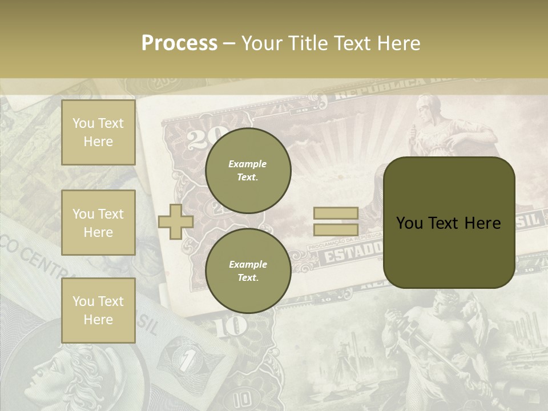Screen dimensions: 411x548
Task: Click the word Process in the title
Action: click(x=179, y=43)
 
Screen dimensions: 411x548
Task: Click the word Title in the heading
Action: click(x=307, y=43)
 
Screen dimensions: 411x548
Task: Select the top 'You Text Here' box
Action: click(x=98, y=132)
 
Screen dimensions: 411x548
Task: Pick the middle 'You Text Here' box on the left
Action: click(x=98, y=223)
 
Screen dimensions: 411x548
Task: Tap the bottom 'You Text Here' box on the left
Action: click(x=98, y=311)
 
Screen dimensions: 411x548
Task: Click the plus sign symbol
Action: click(x=175, y=221)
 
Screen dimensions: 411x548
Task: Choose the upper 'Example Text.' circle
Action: click(x=248, y=171)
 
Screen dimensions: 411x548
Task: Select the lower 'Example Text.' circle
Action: click(x=248, y=271)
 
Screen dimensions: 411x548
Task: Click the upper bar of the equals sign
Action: click(x=336, y=213)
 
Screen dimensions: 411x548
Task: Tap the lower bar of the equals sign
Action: click(x=336, y=229)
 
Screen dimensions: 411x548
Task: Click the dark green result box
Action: click(x=449, y=223)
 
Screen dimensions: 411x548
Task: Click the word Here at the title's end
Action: click(x=398, y=43)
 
